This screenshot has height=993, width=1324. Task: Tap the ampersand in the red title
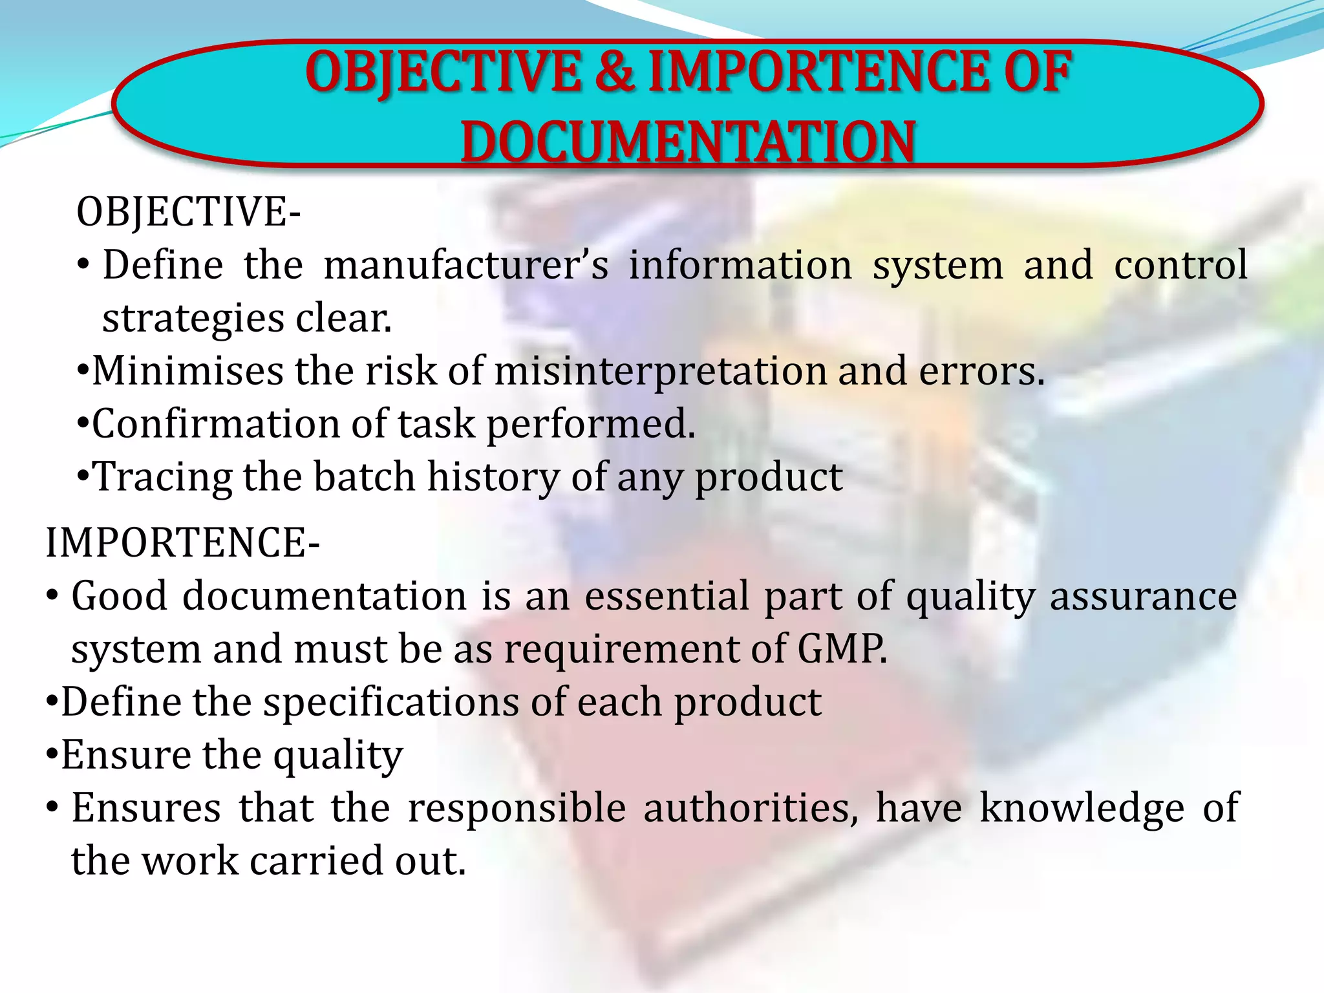click(614, 71)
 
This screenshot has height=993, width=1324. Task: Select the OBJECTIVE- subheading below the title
click(188, 212)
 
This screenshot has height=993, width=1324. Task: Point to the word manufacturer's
click(466, 265)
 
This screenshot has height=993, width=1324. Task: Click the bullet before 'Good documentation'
click(53, 595)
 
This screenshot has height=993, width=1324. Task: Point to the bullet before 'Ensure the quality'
click(52, 754)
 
